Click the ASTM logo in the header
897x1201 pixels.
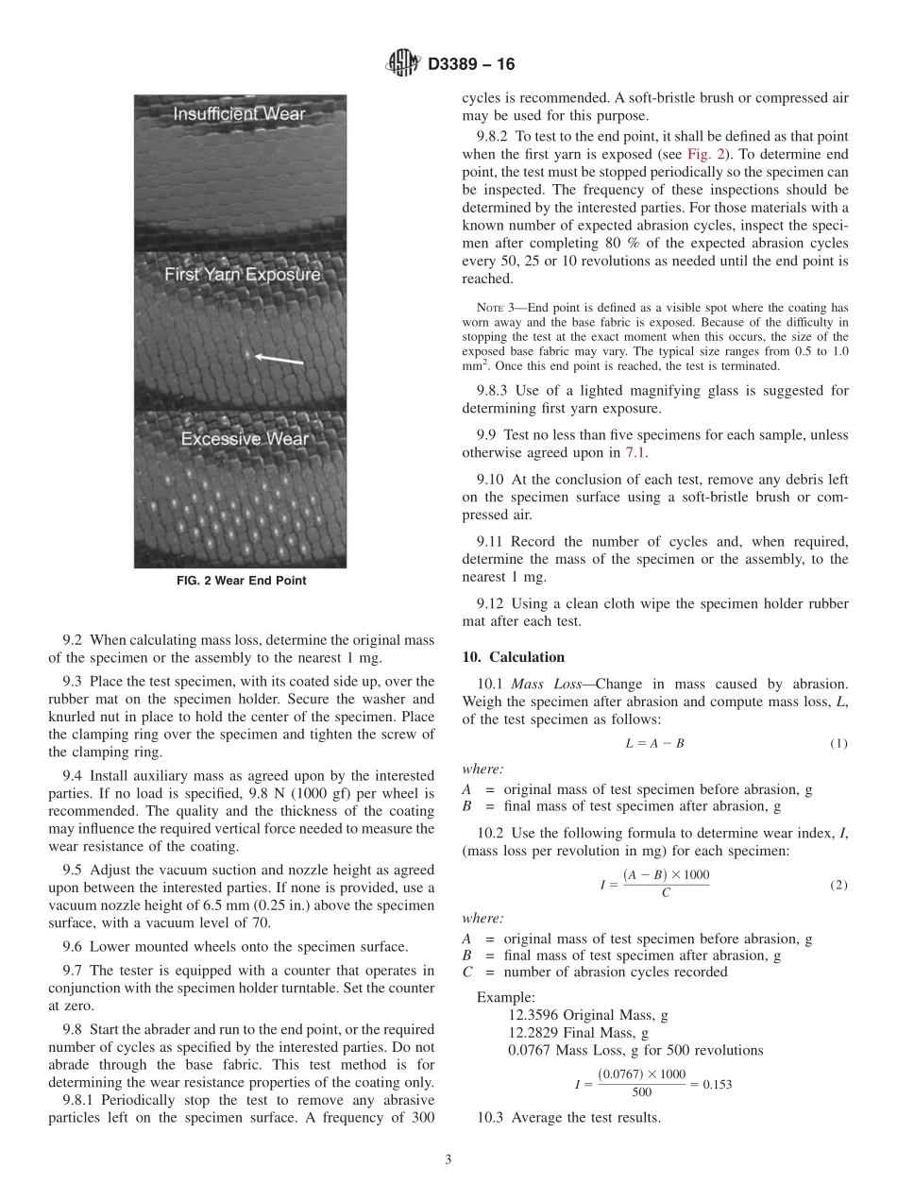(x=402, y=64)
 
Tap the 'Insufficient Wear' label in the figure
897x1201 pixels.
(x=239, y=114)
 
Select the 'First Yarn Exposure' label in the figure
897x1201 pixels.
(x=243, y=275)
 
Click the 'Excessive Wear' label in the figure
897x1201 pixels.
(x=245, y=439)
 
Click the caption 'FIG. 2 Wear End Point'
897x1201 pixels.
(x=241, y=581)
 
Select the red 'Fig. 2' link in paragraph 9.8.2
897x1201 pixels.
(x=702, y=154)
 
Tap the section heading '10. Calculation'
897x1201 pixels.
(x=514, y=657)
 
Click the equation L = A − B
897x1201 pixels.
(x=654, y=743)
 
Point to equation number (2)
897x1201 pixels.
(x=838, y=886)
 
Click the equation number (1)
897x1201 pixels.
(x=838, y=743)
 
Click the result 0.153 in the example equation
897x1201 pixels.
(x=717, y=1084)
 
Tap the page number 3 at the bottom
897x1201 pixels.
(x=448, y=1160)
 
